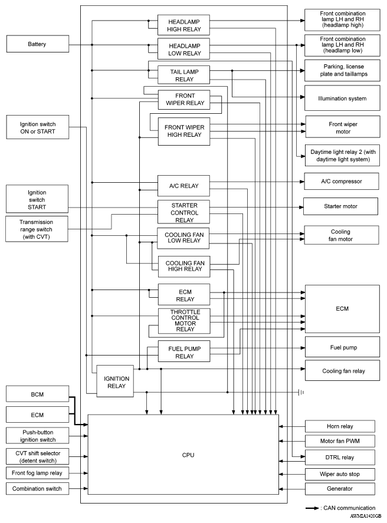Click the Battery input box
36,44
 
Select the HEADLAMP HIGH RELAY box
184,24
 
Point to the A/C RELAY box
184,186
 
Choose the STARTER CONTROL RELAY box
184,212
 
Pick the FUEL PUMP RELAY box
184,352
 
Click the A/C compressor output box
342,181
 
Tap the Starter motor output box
342,206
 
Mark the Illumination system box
342,98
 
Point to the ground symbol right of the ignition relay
301,392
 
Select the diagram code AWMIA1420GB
365,517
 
